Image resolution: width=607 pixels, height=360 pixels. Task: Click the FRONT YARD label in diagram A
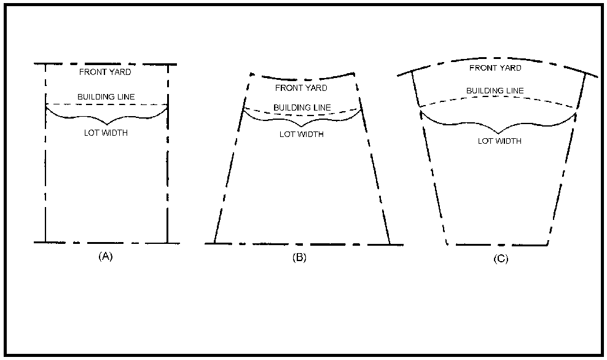click(x=105, y=72)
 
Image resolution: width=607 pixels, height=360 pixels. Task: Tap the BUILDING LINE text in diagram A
click(x=106, y=97)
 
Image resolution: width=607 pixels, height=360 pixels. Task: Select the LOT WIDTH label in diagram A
click(x=106, y=133)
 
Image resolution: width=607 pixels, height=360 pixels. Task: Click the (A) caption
click(x=105, y=256)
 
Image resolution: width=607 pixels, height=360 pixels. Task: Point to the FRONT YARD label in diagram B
click(x=301, y=88)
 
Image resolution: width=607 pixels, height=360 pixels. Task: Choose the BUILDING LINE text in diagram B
click(x=302, y=108)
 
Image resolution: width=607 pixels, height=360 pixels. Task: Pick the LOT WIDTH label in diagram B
click(x=302, y=135)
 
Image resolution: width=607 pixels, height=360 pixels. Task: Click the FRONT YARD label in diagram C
click(x=496, y=68)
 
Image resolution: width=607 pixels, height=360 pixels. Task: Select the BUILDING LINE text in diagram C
click(x=495, y=90)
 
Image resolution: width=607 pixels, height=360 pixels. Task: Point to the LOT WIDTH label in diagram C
click(x=499, y=141)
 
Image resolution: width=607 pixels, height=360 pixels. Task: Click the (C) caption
click(x=501, y=259)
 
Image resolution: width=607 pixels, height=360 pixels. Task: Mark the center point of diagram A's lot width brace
click(x=107, y=124)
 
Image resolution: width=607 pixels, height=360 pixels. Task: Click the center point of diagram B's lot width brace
click(x=302, y=127)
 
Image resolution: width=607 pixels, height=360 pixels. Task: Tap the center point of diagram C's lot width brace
click(x=499, y=133)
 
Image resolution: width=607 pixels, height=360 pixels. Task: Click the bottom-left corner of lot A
click(x=45, y=243)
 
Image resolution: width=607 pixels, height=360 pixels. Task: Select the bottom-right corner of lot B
click(x=390, y=245)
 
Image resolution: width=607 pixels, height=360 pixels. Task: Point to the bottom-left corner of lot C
click(x=447, y=245)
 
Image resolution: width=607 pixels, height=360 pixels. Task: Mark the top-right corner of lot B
click(x=353, y=72)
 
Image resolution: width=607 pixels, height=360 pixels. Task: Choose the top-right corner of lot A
click(x=168, y=65)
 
